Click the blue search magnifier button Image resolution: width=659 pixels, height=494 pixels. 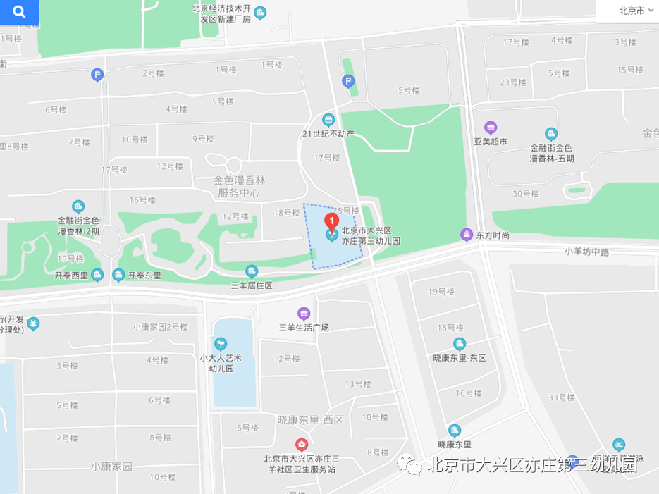19,12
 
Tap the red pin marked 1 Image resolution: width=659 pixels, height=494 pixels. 331,220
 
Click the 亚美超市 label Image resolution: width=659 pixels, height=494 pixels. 491,141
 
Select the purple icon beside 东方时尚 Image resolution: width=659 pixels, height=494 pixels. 466,235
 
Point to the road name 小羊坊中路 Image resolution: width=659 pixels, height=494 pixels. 586,251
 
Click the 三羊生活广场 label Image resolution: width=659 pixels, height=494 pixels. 304,327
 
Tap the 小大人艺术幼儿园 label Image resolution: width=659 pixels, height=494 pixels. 221,362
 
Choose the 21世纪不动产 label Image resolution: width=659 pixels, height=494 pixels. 328,134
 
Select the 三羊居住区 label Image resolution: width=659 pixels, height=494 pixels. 252,285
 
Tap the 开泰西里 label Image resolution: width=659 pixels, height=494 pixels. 71,276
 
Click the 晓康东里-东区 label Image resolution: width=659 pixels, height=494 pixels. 460,358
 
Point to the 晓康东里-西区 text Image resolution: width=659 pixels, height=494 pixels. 310,419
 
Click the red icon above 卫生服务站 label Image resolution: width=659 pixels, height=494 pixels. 302,445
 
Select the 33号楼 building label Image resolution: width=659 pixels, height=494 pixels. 562,397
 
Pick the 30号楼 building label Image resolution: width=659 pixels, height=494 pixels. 525,194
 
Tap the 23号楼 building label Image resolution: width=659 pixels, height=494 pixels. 514,82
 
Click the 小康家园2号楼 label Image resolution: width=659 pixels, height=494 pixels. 161,327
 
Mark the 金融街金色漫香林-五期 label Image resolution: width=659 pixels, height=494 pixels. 552,153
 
